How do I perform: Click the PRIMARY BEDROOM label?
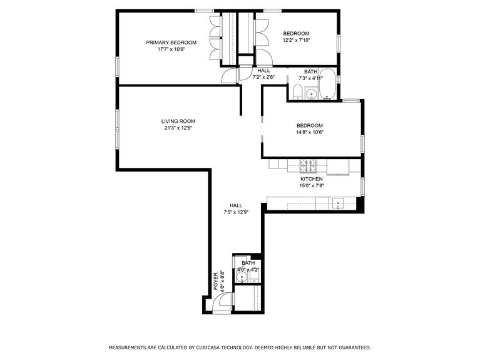[x=171, y=43]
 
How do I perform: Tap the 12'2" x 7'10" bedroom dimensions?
[x=296, y=41]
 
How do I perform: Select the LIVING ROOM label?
[x=178, y=121]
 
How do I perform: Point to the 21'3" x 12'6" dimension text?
[x=178, y=129]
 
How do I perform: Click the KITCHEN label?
[x=311, y=178]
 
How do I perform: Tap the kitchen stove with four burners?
[x=309, y=167]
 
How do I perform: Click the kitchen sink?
[x=338, y=203]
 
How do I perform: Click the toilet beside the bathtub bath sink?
[x=298, y=94]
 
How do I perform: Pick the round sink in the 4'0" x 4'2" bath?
[x=241, y=276]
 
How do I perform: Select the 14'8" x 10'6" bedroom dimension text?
[x=309, y=133]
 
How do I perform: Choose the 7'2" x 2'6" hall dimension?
[x=263, y=78]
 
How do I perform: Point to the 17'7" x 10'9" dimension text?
[x=171, y=50]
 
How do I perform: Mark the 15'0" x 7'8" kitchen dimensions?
[x=311, y=186]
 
